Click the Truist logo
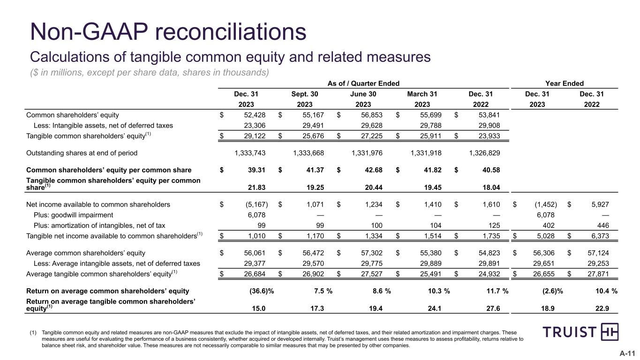click(x=580, y=332)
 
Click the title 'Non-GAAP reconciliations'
click(x=168, y=32)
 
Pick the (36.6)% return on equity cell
click(x=262, y=291)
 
